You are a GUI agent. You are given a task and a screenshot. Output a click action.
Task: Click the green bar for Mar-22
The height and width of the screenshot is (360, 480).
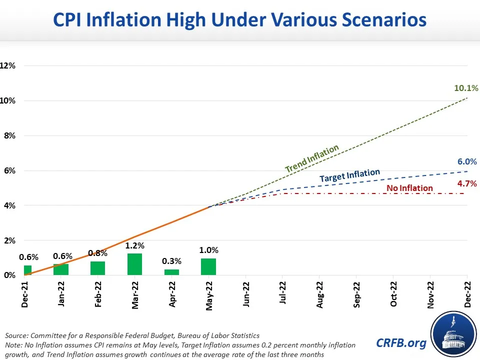pos(134,264)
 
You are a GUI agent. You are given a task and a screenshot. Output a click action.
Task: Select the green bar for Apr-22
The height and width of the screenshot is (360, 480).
pos(171,272)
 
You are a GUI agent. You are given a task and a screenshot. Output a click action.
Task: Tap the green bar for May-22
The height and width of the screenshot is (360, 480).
pos(208,266)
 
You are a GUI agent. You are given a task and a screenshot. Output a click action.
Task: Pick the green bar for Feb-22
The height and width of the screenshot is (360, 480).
pos(97,268)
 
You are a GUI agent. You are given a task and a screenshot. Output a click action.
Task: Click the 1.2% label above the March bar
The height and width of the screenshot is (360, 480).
pos(134,245)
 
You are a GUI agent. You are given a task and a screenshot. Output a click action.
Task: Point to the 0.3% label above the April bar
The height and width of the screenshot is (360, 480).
pos(171,261)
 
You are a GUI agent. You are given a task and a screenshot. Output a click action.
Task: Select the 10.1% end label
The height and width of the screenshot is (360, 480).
pos(466,88)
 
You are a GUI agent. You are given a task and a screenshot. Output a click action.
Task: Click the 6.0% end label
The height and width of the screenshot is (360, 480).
pos(467,161)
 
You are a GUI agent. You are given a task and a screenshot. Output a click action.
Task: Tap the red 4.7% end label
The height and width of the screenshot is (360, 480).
pos(467,183)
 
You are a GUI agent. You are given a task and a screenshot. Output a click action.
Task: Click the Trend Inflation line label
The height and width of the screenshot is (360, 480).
pos(312,159)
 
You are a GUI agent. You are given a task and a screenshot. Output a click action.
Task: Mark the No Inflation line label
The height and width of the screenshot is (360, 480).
pos(409,188)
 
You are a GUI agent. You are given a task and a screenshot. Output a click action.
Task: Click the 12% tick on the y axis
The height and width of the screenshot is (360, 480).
pos(8,65)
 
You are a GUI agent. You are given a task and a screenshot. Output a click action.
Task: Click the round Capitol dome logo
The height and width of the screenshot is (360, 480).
pos(451,333)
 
